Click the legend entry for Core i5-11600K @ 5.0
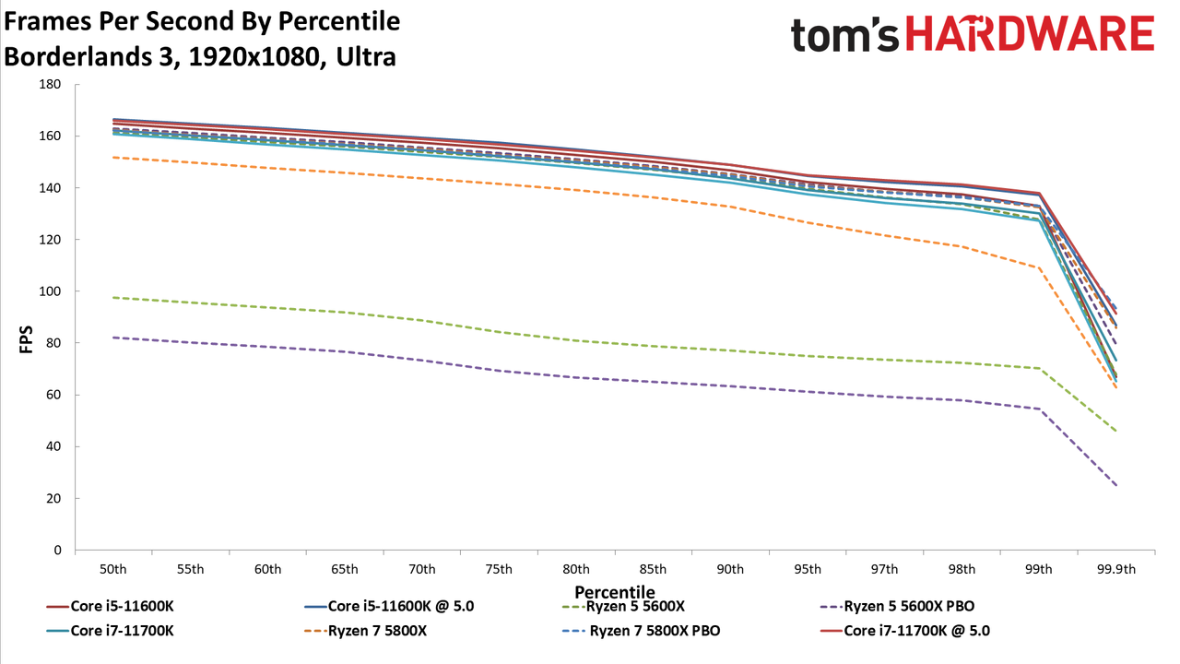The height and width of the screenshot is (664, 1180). coord(389,606)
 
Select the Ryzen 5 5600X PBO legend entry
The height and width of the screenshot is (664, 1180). coord(897,606)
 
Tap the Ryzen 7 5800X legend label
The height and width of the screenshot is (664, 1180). coord(377,631)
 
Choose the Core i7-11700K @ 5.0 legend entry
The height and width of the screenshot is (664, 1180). coord(905,631)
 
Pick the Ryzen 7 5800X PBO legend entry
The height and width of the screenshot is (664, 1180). coord(641,631)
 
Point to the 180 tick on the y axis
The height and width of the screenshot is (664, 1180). coord(50,84)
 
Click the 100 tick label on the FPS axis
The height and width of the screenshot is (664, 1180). coord(50,291)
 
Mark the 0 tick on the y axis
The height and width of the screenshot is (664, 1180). coord(57,551)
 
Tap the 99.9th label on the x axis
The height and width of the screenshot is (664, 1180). coord(1116,570)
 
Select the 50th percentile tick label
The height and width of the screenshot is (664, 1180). coord(113,570)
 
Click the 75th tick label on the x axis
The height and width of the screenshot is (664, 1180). coord(499,570)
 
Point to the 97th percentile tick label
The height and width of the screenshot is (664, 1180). coord(884,570)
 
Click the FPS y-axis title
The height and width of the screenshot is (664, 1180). coord(26,339)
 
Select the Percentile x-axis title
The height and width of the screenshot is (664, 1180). coord(615,592)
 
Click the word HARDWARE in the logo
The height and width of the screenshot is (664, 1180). coord(1031,34)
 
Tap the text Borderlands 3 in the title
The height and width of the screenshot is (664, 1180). coord(88,57)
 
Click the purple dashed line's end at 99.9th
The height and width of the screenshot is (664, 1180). coord(1115,485)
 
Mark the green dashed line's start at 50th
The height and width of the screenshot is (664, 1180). coord(113,298)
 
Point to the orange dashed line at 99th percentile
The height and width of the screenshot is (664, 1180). coord(1039,267)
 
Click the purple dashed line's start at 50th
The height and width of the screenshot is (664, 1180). coord(113,338)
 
